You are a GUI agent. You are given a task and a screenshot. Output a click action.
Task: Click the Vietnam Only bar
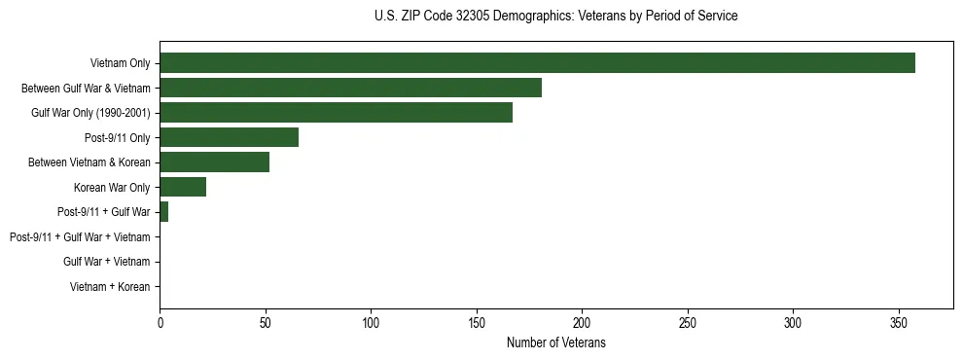[537, 63]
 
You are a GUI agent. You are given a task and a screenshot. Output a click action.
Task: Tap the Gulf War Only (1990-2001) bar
[336, 113]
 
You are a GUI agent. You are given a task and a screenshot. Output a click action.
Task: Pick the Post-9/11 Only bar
[229, 137]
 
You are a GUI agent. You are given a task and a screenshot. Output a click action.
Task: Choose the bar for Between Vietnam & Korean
[214, 162]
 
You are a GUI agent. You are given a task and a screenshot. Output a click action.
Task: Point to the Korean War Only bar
[183, 187]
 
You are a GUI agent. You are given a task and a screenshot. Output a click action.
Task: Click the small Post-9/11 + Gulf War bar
[163, 212]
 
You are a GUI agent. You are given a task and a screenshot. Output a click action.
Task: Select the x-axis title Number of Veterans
[555, 342]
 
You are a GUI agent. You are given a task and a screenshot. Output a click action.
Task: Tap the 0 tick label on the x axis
[160, 321]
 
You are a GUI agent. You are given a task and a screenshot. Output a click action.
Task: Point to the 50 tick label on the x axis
[266, 321]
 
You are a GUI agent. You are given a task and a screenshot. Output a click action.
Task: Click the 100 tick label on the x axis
[371, 321]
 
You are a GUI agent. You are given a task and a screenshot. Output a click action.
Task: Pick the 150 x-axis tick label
[477, 321]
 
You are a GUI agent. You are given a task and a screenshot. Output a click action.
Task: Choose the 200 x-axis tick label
[582, 321]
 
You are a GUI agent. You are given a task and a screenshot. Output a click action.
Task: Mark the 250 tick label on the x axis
[688, 321]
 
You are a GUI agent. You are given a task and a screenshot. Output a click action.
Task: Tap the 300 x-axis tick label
[793, 321]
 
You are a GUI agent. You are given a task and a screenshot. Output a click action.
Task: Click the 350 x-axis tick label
[899, 321]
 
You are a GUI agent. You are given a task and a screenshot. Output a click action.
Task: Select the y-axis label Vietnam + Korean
[110, 286]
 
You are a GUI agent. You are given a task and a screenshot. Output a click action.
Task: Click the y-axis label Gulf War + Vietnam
[107, 262]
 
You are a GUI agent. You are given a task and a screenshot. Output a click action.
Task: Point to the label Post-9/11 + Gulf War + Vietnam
[80, 236]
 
